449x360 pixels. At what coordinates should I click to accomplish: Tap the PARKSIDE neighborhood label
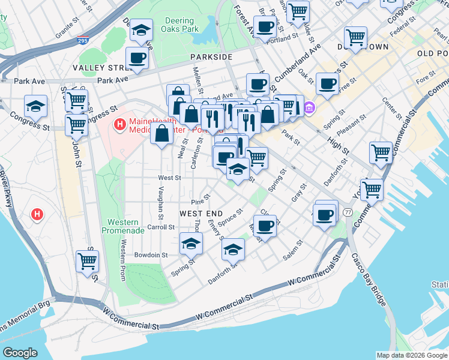(x=211, y=56)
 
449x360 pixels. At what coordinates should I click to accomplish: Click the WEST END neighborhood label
(x=201, y=214)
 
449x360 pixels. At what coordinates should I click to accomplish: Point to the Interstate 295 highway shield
(x=83, y=41)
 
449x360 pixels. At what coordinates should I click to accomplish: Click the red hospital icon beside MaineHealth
(x=119, y=125)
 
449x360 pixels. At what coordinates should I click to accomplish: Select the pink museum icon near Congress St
(x=309, y=108)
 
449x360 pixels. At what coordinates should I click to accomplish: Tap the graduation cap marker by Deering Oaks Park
(x=141, y=30)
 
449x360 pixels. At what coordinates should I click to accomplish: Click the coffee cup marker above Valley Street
(x=137, y=59)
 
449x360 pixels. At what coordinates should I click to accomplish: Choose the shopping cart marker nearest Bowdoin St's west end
(x=87, y=262)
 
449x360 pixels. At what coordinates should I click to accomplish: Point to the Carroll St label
(x=160, y=227)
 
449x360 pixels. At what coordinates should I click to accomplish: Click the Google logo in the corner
(x=20, y=353)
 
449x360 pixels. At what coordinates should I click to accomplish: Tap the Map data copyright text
(x=412, y=355)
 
